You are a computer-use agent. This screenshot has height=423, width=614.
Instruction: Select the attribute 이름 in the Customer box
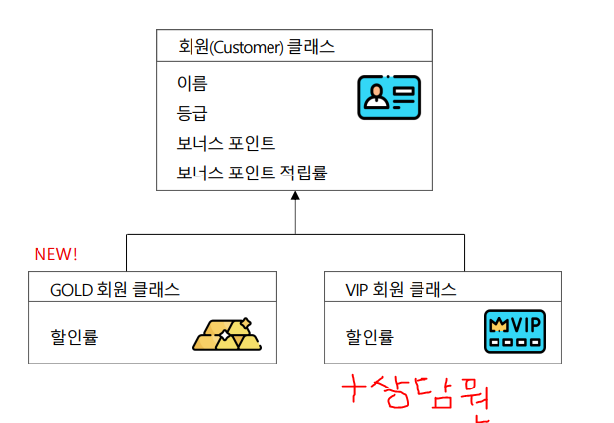coord(192,84)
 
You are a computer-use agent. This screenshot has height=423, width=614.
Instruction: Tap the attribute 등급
coord(192,113)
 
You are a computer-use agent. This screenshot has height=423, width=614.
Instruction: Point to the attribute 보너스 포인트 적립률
coord(251,173)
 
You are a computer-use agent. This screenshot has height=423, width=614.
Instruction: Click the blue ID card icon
coord(388,98)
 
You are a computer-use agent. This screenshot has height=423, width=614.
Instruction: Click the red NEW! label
coord(55,254)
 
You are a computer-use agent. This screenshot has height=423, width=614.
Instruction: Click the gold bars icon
coord(229,335)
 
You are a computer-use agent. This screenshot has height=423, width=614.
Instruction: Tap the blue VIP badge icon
coord(514,333)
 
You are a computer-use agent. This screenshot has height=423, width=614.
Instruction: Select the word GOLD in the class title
coord(70,289)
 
